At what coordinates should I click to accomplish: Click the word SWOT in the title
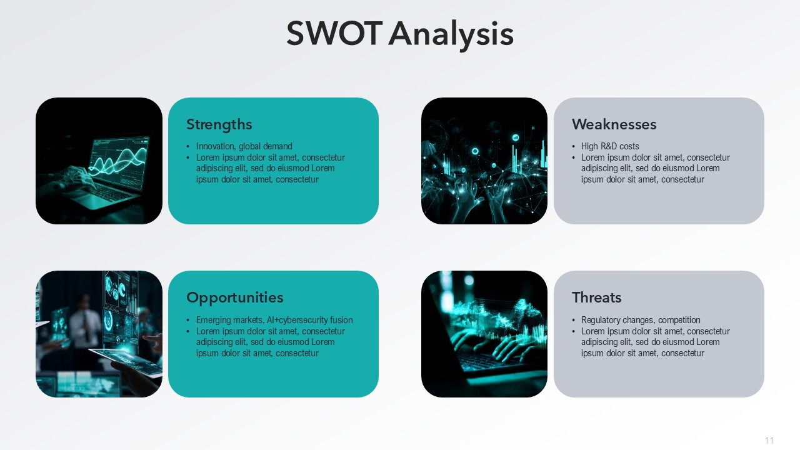[334, 34]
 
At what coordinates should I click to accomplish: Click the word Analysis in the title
[451, 36]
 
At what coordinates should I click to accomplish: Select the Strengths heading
[219, 124]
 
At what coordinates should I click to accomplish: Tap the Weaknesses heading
[614, 124]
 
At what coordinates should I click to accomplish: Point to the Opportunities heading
[235, 298]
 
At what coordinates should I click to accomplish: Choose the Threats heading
[597, 297]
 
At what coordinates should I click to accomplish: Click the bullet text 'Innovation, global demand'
[244, 146]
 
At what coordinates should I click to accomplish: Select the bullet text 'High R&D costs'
[610, 146]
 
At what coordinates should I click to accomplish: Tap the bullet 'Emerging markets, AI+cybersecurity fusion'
[274, 320]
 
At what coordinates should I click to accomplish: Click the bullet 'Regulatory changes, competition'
[641, 320]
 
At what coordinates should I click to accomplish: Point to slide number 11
[769, 441]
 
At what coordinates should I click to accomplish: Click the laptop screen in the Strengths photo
[119, 162]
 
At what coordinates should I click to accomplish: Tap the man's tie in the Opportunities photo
[86, 325]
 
